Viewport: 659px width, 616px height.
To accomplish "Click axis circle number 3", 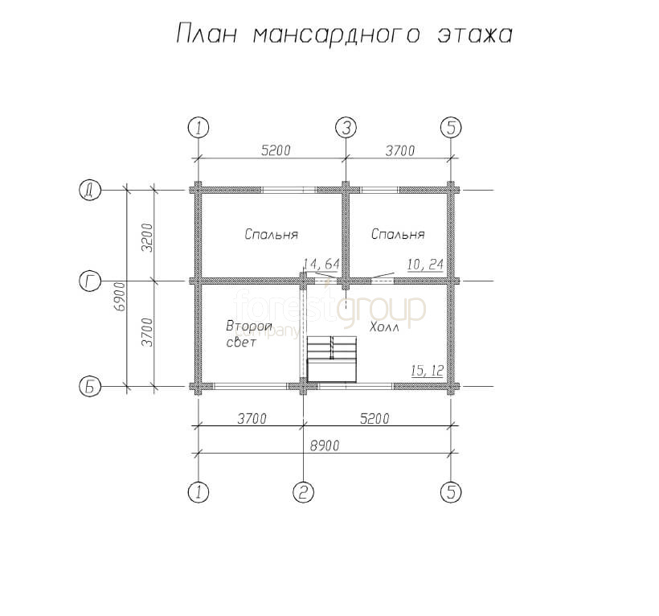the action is click(346, 127).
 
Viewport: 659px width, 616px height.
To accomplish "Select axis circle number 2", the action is click(304, 491).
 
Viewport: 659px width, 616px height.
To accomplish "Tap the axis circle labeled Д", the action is click(90, 191).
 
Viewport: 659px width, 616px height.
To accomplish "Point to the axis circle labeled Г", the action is click(90, 281).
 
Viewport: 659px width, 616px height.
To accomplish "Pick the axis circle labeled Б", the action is click(90, 387).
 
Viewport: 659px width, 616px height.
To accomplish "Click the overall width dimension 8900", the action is click(325, 446).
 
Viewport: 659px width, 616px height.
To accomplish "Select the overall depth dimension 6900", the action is click(121, 297).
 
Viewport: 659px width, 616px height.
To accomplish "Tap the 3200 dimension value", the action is click(148, 237).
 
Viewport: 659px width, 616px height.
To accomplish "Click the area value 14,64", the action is click(321, 264).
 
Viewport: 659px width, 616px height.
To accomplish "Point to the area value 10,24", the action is click(425, 265).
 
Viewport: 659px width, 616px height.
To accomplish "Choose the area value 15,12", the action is click(427, 371).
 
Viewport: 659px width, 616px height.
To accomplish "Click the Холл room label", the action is click(384, 326).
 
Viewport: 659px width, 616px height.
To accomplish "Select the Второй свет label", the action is click(249, 334).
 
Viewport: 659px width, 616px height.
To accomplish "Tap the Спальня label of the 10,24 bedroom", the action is click(398, 234).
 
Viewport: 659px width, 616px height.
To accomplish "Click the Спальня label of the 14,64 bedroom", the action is click(271, 234).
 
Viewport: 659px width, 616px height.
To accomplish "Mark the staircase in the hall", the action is click(332, 359).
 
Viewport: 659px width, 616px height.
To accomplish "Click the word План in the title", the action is click(207, 34).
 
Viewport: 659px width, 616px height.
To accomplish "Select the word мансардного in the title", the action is click(337, 35).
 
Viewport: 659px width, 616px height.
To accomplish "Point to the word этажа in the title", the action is click(475, 35).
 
